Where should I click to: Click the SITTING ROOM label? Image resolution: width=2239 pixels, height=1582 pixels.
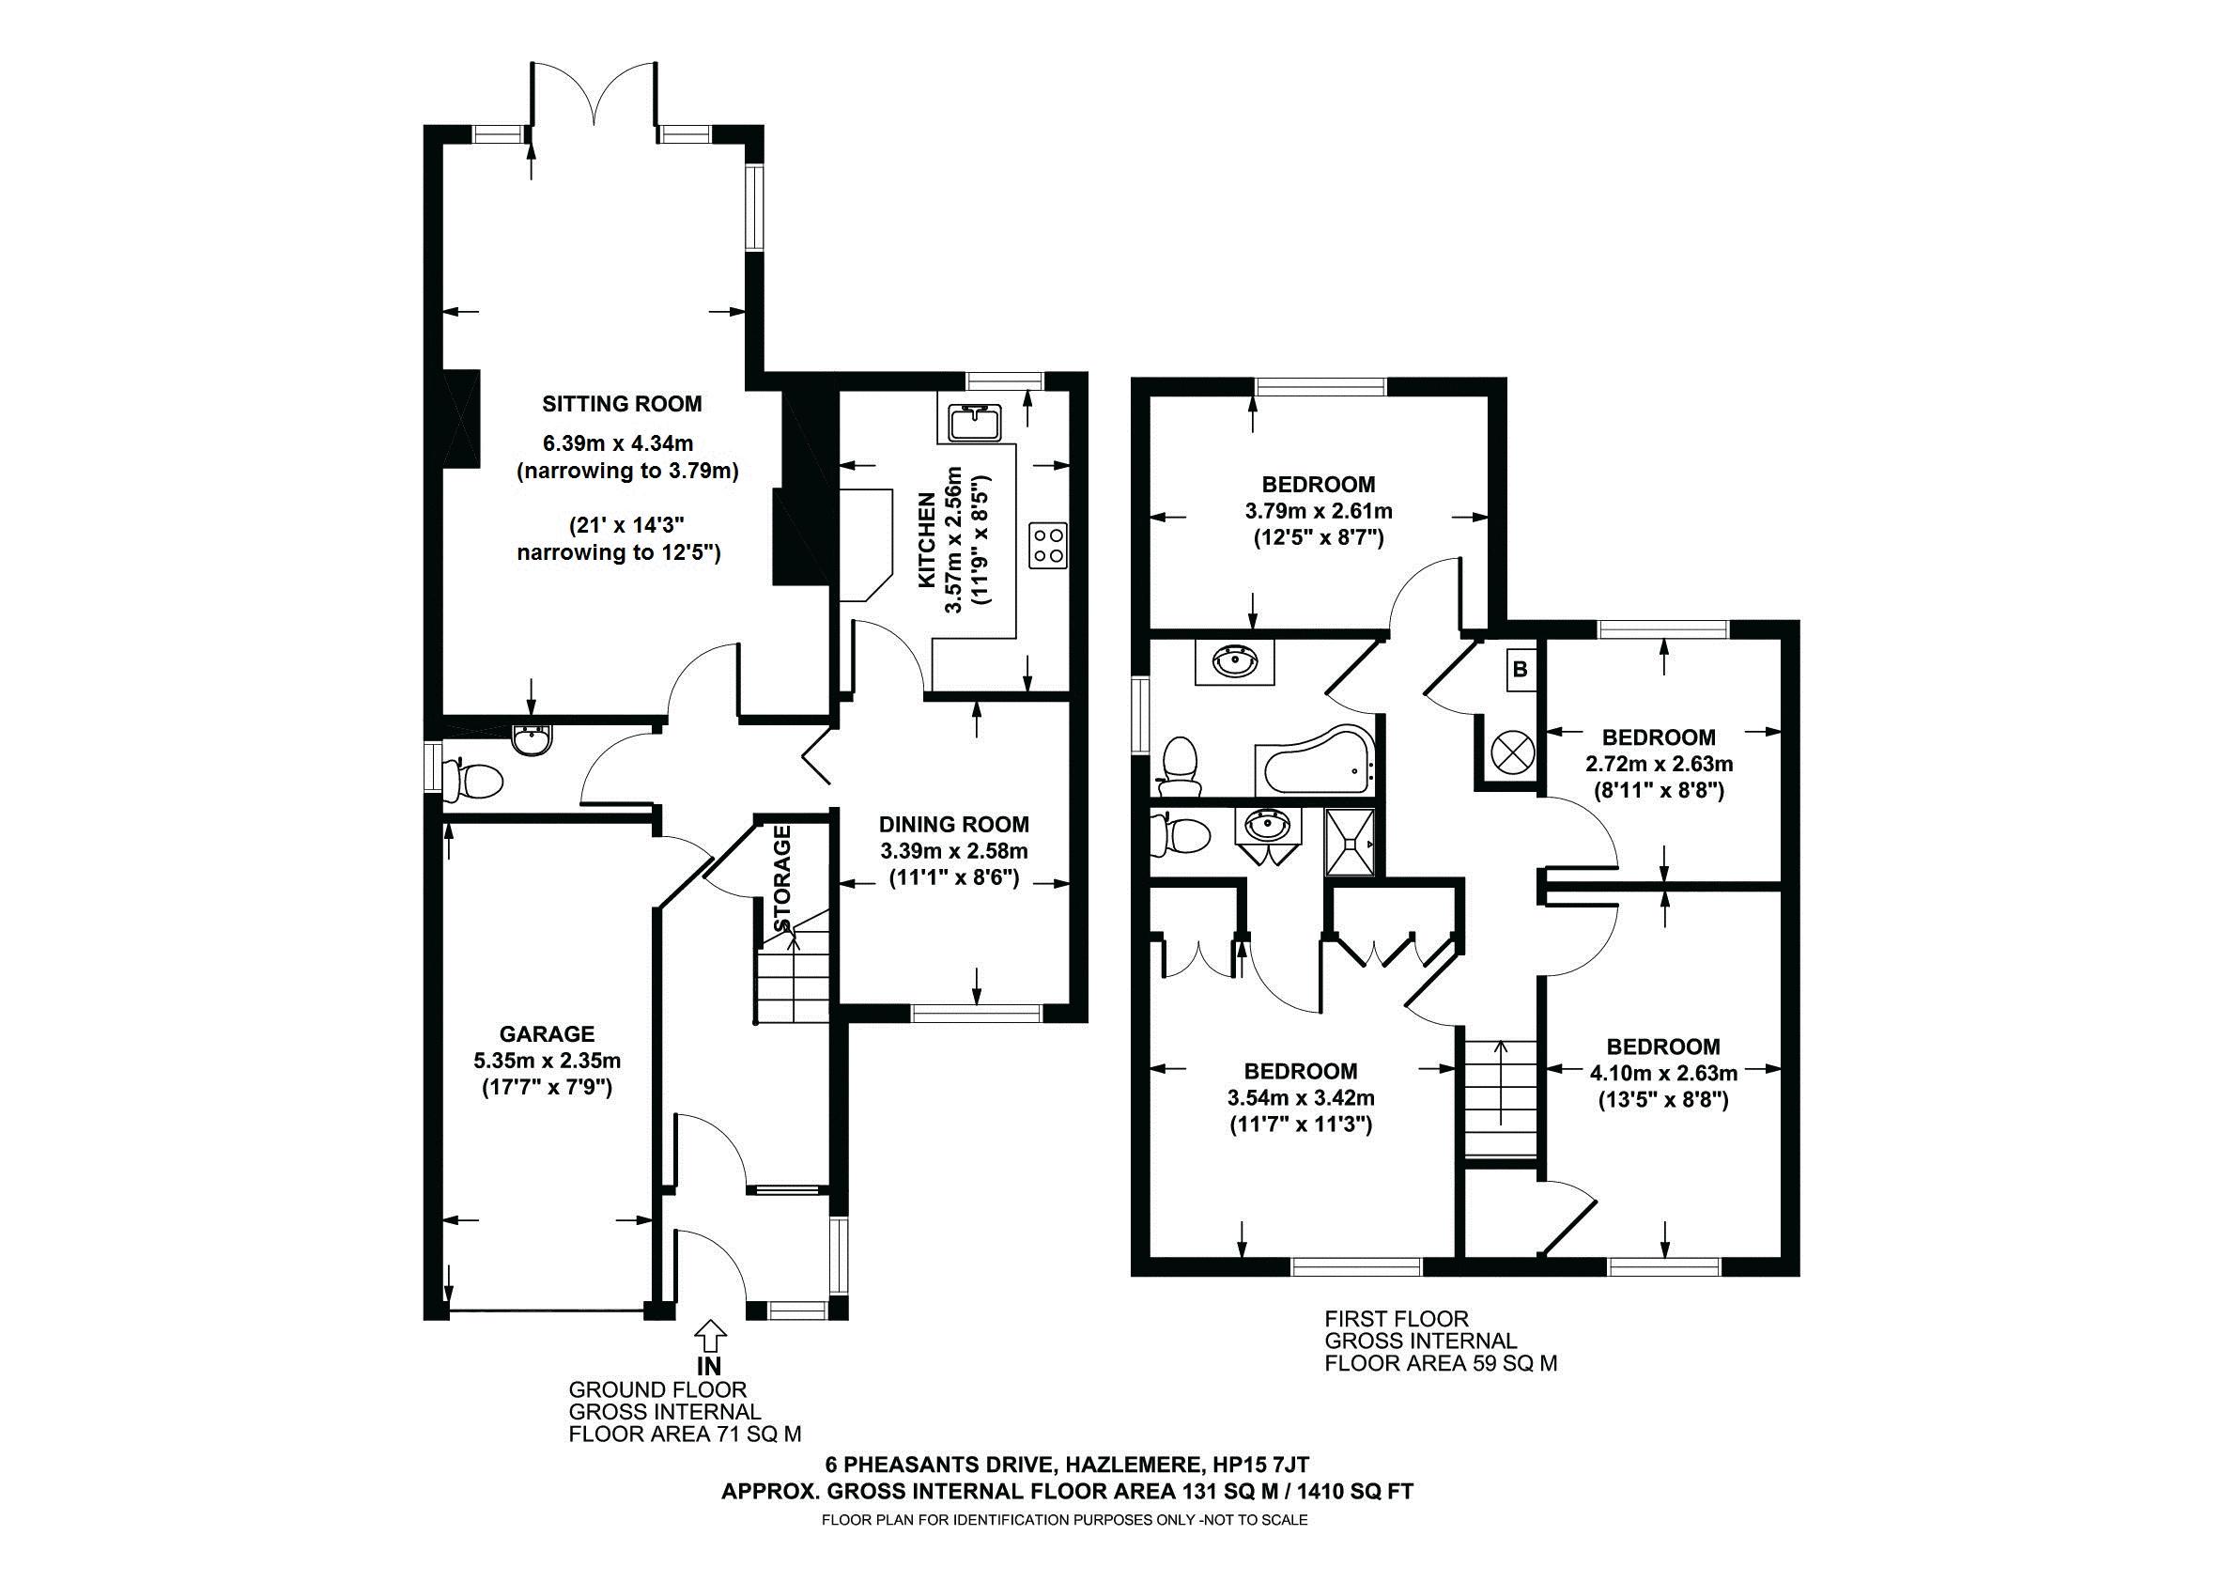point(621,404)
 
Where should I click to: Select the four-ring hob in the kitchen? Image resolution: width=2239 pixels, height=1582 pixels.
point(1048,545)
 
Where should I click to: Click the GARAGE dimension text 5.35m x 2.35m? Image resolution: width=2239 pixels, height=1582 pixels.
point(548,1061)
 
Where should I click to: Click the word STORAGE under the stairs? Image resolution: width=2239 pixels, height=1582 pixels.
point(781,878)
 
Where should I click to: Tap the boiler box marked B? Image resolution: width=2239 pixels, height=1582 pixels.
point(1520,670)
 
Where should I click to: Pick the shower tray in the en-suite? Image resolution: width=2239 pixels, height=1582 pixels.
point(1351,843)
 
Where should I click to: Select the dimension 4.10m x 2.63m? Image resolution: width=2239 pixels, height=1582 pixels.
point(1663,1074)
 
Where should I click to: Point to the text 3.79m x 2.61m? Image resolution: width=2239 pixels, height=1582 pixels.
point(1319,511)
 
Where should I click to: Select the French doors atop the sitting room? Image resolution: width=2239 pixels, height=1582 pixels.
point(592,103)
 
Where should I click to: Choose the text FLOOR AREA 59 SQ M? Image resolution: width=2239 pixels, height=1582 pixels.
point(1441,1363)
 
